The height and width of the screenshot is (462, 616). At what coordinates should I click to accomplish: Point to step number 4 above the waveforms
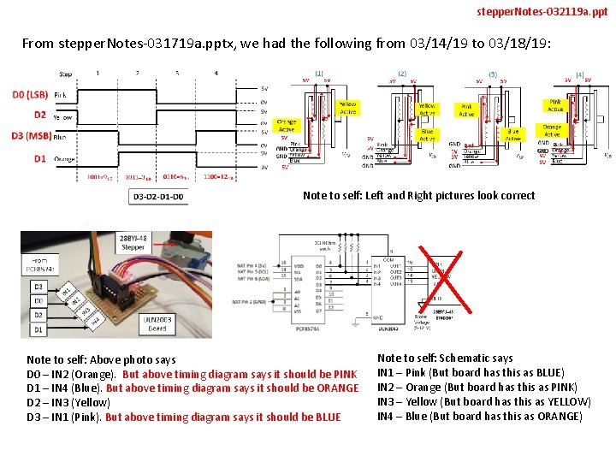click(216, 74)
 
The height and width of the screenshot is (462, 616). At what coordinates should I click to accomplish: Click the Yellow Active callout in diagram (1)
click(347, 107)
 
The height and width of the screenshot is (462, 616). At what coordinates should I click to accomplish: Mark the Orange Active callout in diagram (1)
click(287, 126)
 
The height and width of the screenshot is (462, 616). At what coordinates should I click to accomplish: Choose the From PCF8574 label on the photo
click(39, 264)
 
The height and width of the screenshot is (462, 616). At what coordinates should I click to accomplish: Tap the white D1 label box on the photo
click(38, 329)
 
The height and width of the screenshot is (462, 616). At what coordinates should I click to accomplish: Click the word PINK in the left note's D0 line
click(345, 374)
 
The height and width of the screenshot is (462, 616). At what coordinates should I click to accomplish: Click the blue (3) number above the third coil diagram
click(492, 74)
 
